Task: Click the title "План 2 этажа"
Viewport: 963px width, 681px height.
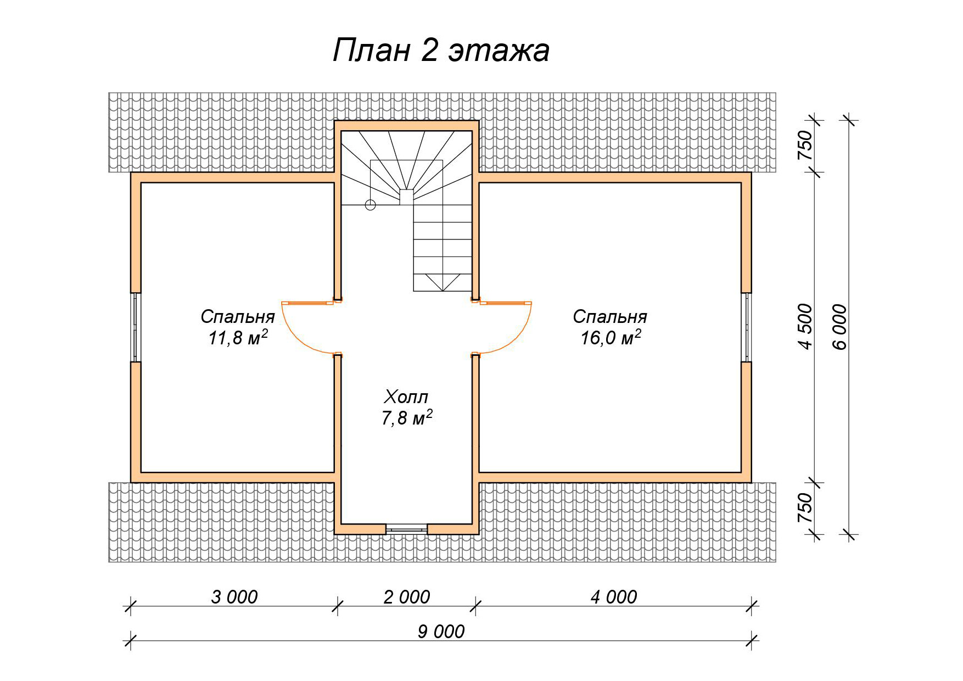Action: (x=441, y=51)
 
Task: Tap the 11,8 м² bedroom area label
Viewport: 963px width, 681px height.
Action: (x=238, y=338)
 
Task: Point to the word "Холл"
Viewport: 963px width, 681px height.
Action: (x=406, y=397)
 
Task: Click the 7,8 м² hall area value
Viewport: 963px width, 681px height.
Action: (x=407, y=418)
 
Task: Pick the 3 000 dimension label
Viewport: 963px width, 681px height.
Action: (x=234, y=596)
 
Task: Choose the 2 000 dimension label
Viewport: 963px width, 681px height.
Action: (x=407, y=596)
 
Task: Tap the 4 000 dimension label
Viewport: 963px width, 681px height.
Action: (x=614, y=596)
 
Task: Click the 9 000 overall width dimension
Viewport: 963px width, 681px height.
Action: (x=441, y=632)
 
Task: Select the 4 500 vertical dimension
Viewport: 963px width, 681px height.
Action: (x=806, y=327)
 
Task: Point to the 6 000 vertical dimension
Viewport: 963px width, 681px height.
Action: (x=840, y=327)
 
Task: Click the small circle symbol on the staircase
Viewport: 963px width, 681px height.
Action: (x=371, y=205)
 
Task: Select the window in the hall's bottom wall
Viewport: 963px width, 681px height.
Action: (x=407, y=529)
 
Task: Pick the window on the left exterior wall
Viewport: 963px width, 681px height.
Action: (x=135, y=327)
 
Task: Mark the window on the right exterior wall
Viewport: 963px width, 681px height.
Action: (x=746, y=327)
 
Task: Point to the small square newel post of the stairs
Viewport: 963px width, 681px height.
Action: (x=406, y=197)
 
